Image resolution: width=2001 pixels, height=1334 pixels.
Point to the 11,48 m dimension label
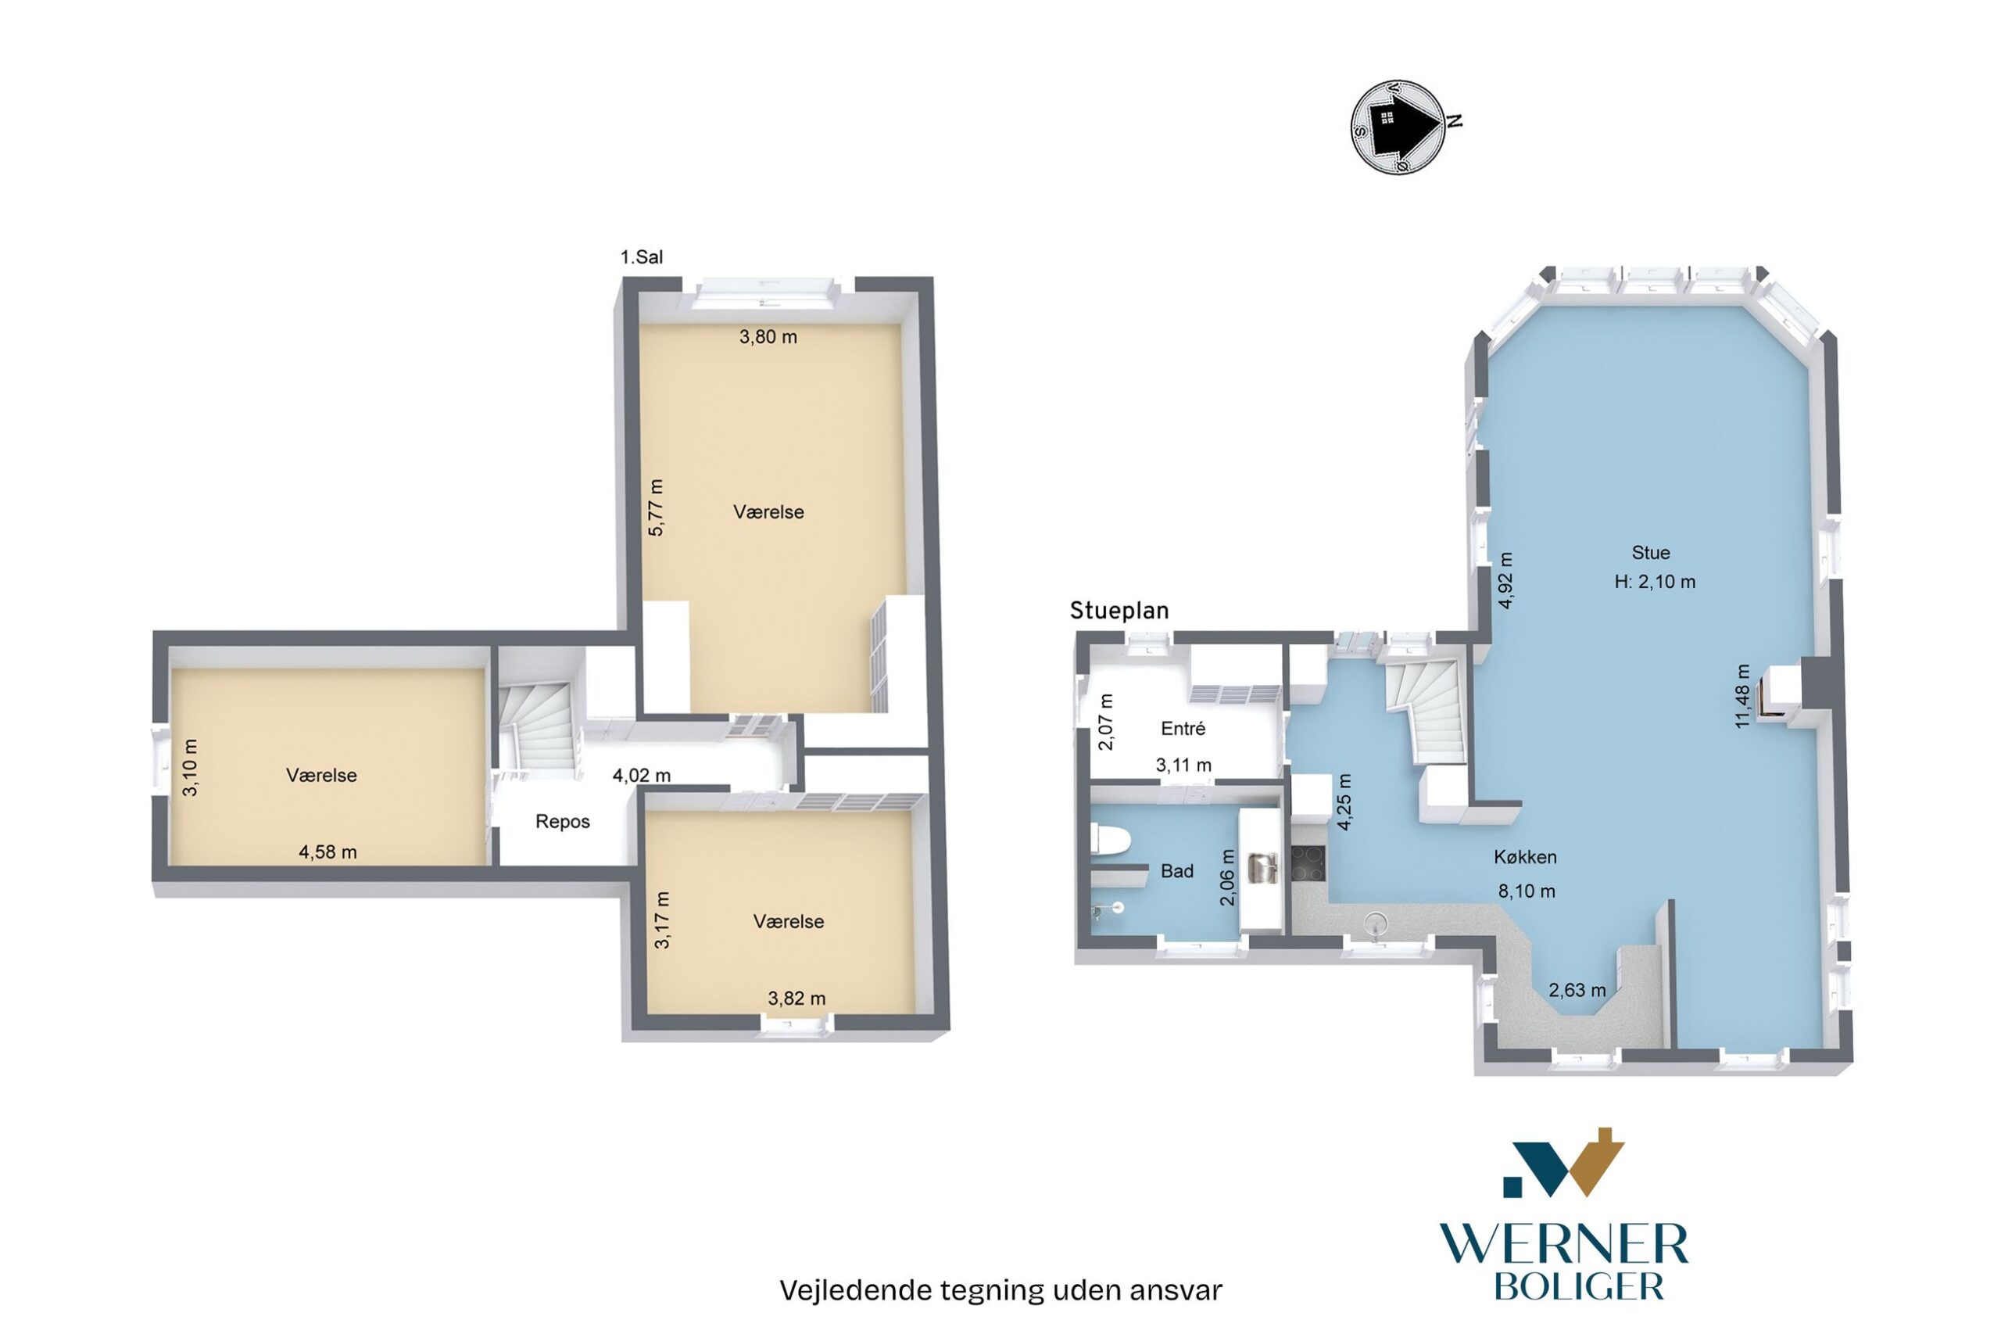pos(1742,696)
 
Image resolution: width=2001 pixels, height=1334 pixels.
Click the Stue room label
pos(1651,553)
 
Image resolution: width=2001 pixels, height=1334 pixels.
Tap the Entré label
pos(1183,728)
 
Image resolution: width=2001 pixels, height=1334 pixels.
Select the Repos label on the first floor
pos(562,822)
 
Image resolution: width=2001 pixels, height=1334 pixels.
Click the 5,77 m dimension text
pos(656,508)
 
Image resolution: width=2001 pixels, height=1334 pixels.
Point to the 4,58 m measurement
pos(328,852)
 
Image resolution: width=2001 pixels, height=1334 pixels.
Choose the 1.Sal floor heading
pos(642,257)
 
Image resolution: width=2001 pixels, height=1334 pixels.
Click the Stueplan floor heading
pos(1119,610)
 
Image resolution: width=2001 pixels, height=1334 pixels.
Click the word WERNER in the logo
pos(1564,1246)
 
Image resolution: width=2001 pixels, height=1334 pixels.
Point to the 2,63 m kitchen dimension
pos(1577,990)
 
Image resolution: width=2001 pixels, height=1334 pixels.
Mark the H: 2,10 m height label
pos(1655,582)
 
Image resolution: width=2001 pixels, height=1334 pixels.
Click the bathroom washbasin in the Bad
pos(1260,866)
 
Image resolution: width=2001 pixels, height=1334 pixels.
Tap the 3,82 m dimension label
pos(796,999)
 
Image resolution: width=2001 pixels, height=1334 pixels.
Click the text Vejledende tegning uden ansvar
pos(1001,1291)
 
